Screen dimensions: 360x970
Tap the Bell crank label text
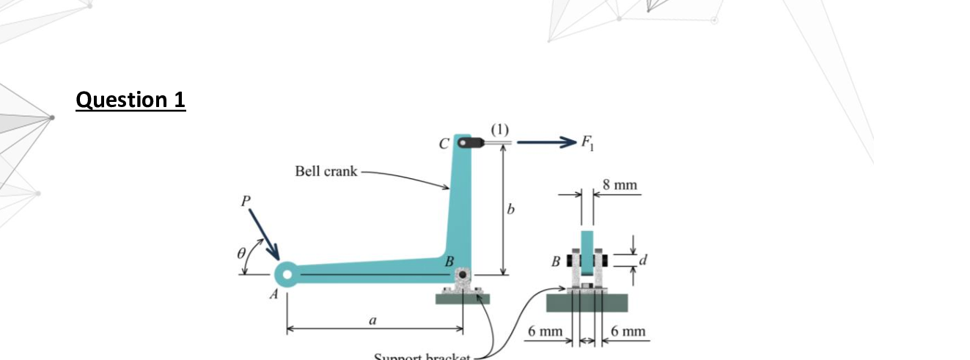[326, 172]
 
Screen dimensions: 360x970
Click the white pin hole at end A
[287, 275]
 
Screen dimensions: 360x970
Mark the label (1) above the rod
[499, 129]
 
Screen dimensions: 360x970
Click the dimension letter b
[512, 210]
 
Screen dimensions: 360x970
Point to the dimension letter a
[372, 320]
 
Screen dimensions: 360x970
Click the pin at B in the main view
[463, 276]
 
